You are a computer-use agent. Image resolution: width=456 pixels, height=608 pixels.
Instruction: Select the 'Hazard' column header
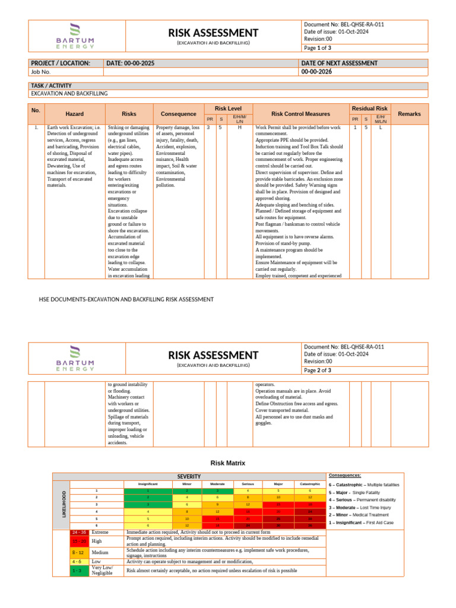pyautogui.click(x=75, y=113)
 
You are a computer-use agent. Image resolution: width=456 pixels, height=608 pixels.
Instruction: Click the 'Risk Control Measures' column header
pyautogui.click(x=300, y=113)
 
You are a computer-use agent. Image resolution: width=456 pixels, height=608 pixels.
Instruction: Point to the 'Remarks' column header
pyautogui.click(x=409, y=113)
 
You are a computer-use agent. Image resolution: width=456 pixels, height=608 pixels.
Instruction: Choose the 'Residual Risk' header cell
pyautogui.click(x=369, y=109)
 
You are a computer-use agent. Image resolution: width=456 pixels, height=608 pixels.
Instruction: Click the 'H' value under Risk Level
pyautogui.click(x=240, y=128)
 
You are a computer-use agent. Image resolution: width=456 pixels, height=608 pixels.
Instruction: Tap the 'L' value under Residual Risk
pyautogui.click(x=381, y=128)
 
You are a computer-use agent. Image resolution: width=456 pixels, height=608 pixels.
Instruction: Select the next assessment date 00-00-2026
pyautogui.click(x=316, y=72)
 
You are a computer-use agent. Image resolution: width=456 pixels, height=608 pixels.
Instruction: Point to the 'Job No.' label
pyautogui.click(x=41, y=72)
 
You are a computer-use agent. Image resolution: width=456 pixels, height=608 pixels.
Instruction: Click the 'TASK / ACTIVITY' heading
pyautogui.click(x=51, y=85)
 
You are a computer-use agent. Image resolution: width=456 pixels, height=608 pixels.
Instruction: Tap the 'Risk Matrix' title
pyautogui.click(x=228, y=463)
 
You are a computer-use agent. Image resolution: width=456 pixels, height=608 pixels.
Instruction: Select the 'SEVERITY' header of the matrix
pyautogui.click(x=189, y=477)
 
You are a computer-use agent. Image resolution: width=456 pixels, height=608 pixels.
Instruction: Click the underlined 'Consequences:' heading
pyautogui.click(x=344, y=476)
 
